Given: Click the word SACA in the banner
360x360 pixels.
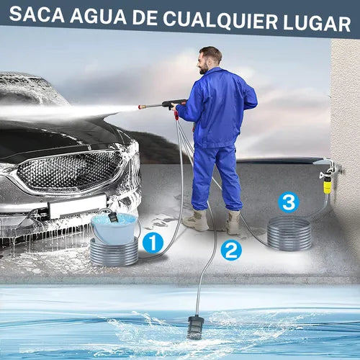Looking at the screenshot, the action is point(37,14).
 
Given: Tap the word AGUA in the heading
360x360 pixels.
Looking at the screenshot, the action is point(98,17).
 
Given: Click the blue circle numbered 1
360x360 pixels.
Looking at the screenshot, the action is point(153,243).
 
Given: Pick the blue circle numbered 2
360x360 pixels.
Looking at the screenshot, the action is point(231,251).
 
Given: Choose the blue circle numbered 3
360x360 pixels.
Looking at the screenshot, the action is point(289,202).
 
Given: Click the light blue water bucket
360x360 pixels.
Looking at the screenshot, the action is point(114,228).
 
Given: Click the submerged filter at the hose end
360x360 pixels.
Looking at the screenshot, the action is point(195,328).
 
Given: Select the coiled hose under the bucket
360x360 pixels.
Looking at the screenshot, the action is point(114,252).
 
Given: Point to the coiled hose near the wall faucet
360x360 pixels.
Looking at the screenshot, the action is point(289,233).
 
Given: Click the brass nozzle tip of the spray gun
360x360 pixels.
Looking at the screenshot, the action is point(142,106).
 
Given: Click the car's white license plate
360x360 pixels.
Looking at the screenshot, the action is point(77,206).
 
